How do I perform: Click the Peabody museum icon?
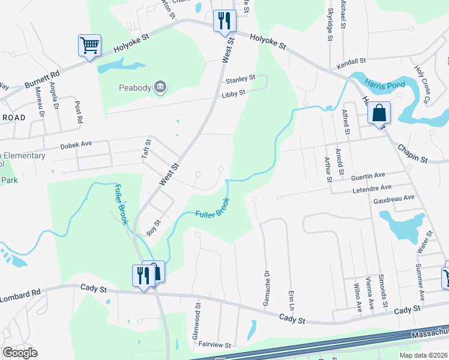click(x=160, y=88)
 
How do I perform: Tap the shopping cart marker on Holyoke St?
click(x=89, y=45)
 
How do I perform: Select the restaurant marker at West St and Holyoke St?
click(x=224, y=20)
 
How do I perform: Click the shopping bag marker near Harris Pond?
click(x=379, y=112)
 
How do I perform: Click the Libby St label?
click(x=234, y=93)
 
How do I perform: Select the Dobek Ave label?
click(x=76, y=145)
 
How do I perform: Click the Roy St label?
click(x=155, y=227)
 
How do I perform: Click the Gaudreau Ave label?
click(x=393, y=197)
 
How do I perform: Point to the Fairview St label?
click(x=215, y=345)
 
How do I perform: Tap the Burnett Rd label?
click(x=43, y=79)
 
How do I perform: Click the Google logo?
click(x=20, y=353)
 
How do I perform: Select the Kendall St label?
click(x=351, y=61)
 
